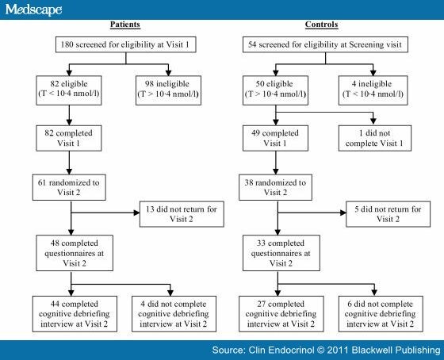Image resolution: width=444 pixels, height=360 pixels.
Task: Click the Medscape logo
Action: coord(33,10)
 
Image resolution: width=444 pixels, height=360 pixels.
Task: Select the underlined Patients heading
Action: coord(125,25)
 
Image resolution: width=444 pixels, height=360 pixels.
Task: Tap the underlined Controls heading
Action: coord(321,25)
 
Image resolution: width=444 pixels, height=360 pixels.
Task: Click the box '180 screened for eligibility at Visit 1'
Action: coord(126,44)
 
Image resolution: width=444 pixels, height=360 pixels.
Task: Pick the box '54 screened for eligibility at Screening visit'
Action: coord(325,44)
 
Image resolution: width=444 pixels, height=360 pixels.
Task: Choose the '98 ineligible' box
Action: coord(168,90)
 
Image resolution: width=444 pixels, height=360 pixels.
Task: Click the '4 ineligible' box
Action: coord(373,90)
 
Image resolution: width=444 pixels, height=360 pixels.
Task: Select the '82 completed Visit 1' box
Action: coord(69,138)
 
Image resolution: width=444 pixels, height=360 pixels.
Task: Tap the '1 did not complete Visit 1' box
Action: coord(375,138)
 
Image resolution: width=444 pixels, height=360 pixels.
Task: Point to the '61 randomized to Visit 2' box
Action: coord(69,187)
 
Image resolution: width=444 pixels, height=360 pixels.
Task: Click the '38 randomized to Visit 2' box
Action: coord(276,187)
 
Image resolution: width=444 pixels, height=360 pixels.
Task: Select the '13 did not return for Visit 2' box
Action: coord(182,214)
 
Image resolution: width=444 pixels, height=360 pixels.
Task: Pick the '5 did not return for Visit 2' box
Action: coord(388,214)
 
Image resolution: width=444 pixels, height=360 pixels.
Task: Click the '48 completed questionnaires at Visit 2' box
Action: coord(75,253)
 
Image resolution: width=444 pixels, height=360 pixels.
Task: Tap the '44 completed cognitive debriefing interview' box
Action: coord(75,314)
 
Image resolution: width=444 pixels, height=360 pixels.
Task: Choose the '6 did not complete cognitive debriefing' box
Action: coord(381,314)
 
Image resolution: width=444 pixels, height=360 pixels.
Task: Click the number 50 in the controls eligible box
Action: coord(260,84)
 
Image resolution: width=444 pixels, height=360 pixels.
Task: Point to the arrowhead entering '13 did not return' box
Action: coord(136,213)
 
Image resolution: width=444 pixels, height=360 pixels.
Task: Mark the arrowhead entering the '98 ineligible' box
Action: coord(168,73)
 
